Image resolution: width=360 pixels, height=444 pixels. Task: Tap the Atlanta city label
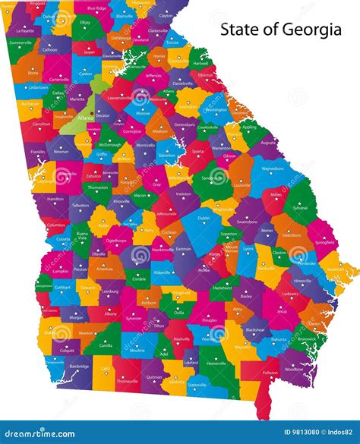point(85,118)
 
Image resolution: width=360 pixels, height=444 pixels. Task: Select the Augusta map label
point(268,142)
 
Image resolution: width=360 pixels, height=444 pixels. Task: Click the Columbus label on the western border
point(55,225)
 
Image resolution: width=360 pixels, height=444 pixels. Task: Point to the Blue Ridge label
point(97,8)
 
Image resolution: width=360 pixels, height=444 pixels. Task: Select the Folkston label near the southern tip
point(270,373)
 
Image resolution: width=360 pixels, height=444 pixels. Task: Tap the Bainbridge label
point(77,367)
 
